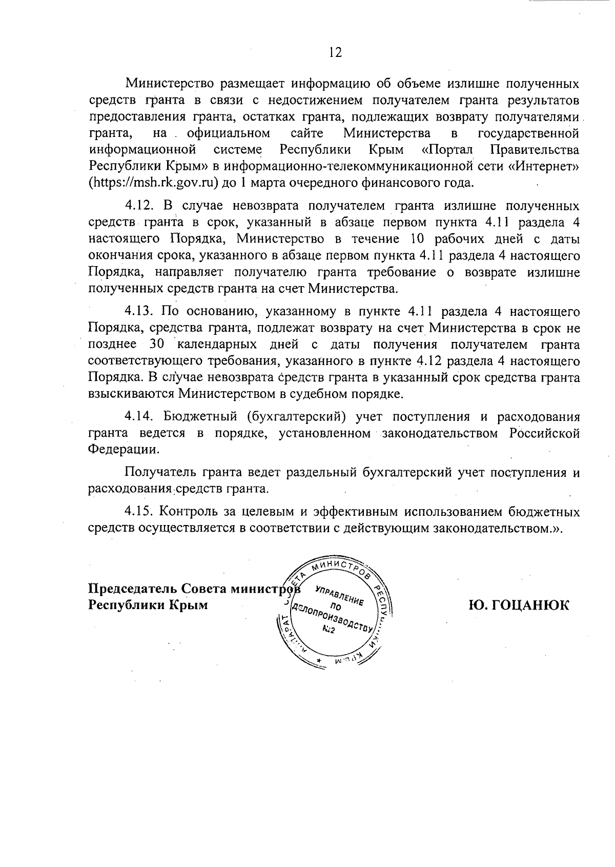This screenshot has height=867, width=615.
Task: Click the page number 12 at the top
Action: pyautogui.click(x=335, y=52)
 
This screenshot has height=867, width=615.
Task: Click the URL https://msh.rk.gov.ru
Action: pyautogui.click(x=152, y=183)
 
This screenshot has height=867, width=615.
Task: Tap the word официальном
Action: pyautogui.click(x=229, y=134)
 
